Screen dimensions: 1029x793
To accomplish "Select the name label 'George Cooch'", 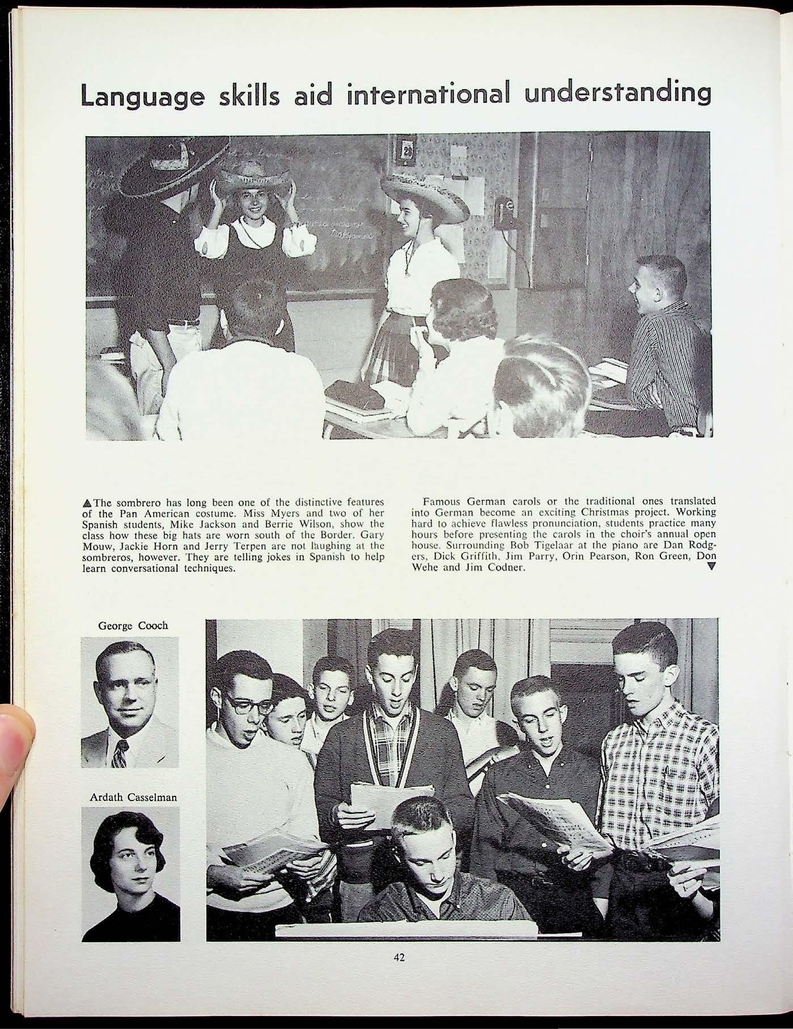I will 133,626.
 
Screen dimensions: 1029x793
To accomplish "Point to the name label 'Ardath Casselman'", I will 133,797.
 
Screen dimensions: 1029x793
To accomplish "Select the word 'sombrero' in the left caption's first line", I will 136,503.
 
